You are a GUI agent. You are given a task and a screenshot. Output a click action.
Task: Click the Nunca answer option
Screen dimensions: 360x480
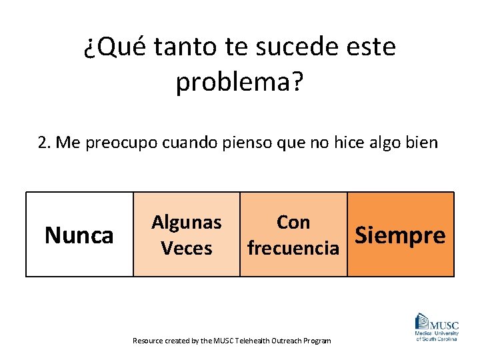coord(79,235)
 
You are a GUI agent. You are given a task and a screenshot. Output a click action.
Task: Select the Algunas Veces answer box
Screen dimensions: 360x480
coord(187,235)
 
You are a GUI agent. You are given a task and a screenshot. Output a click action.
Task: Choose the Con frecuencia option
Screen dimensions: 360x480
coord(293,235)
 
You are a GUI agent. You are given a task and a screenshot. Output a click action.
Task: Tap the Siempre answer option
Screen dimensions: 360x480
coord(400,235)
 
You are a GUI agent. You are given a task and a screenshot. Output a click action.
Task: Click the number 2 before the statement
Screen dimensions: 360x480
coord(43,142)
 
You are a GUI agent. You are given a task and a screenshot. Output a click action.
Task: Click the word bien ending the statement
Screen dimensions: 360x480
coord(421,142)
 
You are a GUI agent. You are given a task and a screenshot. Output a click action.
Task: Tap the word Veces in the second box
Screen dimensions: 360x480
coord(187,248)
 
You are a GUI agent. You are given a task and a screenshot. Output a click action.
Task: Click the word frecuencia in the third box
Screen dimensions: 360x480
coord(293,248)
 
